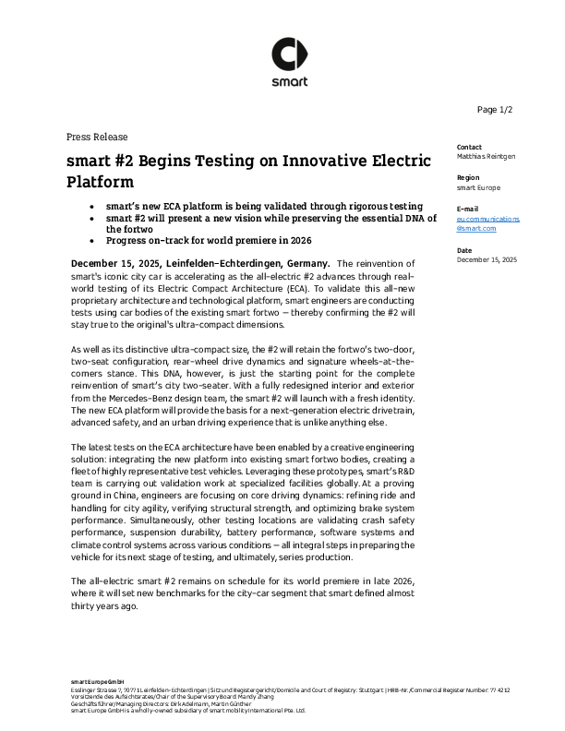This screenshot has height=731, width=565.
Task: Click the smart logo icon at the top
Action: click(x=282, y=54)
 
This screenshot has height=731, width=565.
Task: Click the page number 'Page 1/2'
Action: click(x=494, y=110)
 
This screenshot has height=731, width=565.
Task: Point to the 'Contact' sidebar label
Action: click(x=470, y=147)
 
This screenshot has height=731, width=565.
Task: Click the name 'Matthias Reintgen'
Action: click(x=487, y=156)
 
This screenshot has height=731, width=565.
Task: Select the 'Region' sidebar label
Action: click(x=469, y=177)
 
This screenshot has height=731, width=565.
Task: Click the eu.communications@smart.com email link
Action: click(x=488, y=222)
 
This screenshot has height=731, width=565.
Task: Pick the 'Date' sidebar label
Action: click(x=465, y=250)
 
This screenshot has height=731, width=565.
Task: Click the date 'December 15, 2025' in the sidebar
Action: click(x=487, y=259)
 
